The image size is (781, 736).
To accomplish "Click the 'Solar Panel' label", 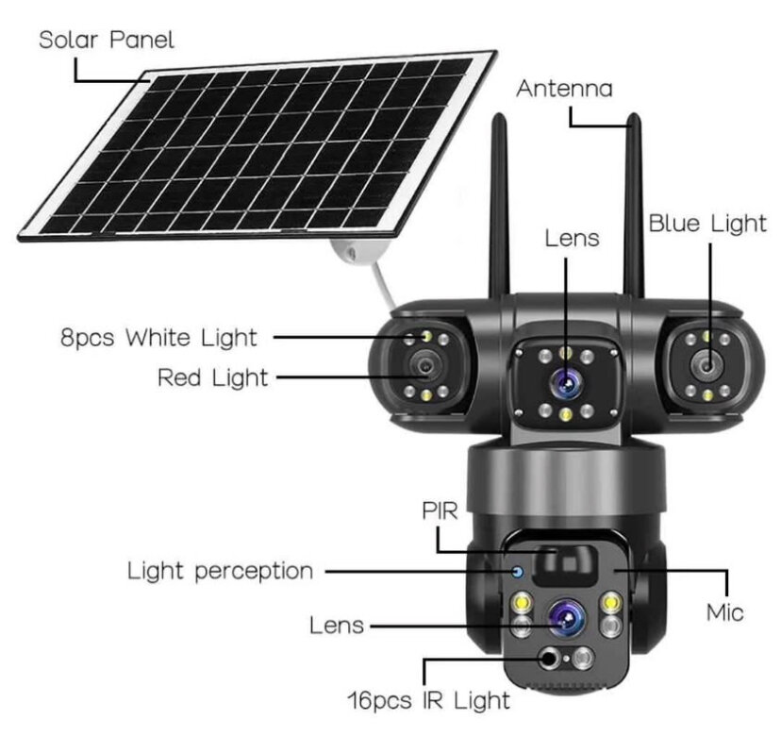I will click(106, 41).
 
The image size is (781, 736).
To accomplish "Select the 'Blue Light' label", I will click(706, 224).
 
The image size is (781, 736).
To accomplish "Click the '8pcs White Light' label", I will click(158, 337).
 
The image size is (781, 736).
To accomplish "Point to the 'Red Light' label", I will click(212, 378).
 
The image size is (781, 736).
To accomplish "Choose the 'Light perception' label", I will click(220, 571).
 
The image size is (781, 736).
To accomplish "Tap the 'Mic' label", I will click(724, 612).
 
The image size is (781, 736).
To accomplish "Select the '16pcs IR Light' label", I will click(428, 699).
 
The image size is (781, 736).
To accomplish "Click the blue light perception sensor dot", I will click(517, 572).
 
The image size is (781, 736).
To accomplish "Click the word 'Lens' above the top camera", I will click(572, 238).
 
